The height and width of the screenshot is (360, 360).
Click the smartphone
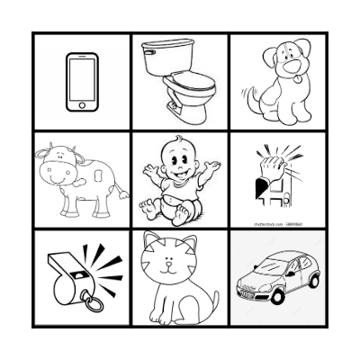(82, 82)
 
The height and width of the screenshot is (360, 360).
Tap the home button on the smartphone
(82, 105)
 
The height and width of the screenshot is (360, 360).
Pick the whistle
(76, 274)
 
